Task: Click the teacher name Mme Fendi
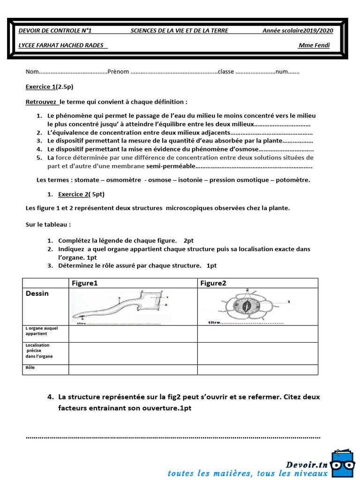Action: (314, 45)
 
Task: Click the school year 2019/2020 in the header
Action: (298, 30)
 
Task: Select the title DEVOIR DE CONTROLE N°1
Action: (55, 30)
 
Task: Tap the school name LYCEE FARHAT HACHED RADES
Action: (61, 45)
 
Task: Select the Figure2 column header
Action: (213, 283)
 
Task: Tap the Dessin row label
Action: (37, 293)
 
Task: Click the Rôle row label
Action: (30, 368)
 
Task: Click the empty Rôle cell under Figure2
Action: (257, 370)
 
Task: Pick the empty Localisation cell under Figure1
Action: (133, 353)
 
